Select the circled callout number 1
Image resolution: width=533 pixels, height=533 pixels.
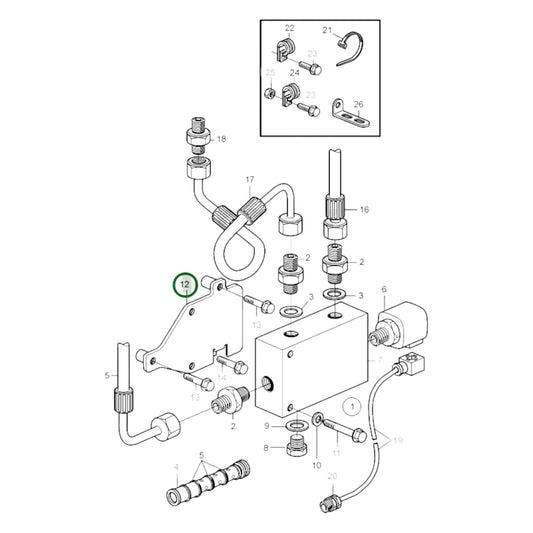(351, 406)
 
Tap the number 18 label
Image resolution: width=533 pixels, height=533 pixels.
(221, 139)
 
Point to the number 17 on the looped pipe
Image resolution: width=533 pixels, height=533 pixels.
(251, 180)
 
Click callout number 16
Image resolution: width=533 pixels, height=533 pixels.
(365, 210)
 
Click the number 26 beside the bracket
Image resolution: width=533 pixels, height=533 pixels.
(359, 102)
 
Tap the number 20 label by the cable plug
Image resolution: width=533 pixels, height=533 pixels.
(333, 477)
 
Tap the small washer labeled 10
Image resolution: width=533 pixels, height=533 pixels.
(317, 418)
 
